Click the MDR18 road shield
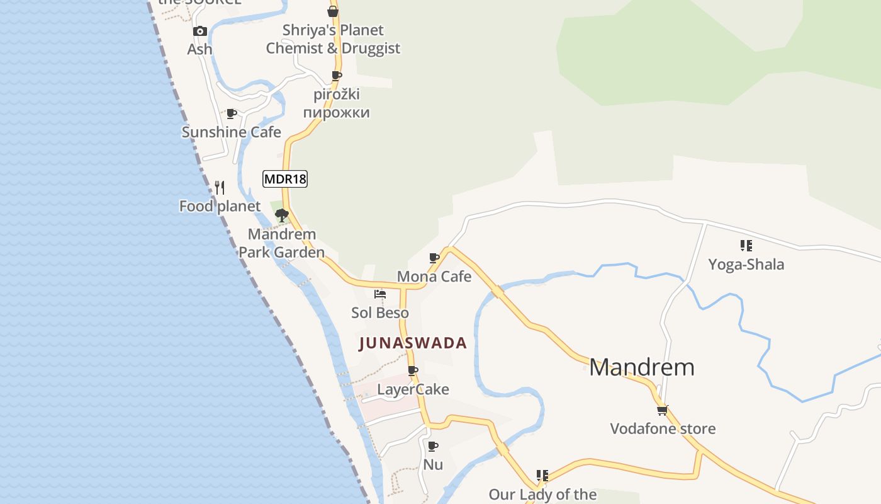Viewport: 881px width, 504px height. pos(284,179)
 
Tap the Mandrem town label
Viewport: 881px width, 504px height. pos(642,367)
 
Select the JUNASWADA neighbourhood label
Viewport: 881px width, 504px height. pos(413,343)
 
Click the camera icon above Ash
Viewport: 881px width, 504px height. pos(200,31)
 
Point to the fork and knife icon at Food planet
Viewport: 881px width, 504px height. pos(220,187)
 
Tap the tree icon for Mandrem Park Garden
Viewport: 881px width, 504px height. pos(282,215)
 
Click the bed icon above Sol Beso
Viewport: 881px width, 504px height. pos(379,294)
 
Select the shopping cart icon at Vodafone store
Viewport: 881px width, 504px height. pos(662,410)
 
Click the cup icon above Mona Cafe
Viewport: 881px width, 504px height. pos(434,258)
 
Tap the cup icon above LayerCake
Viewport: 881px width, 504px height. pos(413,370)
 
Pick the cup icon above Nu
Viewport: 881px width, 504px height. pos(433,446)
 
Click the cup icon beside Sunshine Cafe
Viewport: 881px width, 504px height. pos(232,114)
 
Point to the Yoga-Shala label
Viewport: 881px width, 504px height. pos(746,265)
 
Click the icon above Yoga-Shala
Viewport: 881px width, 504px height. pos(746,245)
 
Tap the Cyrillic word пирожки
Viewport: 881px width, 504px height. pos(336,113)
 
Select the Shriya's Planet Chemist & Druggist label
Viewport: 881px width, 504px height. pos(333,39)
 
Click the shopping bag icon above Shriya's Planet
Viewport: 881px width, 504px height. pos(333,11)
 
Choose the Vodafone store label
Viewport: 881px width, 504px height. pos(663,429)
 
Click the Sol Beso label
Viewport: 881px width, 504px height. pos(379,313)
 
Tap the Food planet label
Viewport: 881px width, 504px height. pos(220,207)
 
